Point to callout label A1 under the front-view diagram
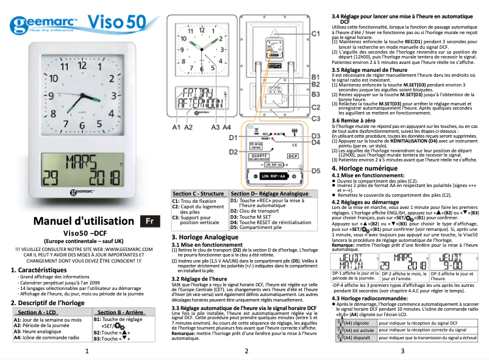(x=176, y=127)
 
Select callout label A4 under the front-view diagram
(x=226, y=127)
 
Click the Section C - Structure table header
(x=199, y=192)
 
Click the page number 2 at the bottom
(x=245, y=351)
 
